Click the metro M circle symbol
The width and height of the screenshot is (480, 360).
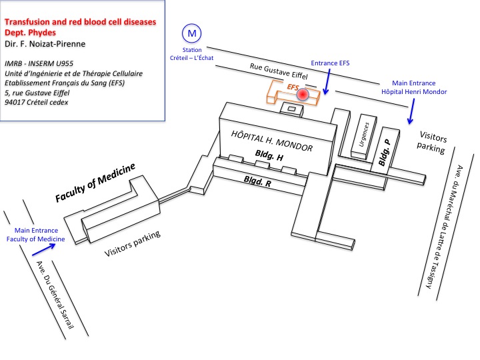tap(192, 33)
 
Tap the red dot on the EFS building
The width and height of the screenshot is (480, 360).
tap(303, 95)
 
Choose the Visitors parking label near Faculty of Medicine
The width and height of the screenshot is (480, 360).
tap(133, 244)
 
